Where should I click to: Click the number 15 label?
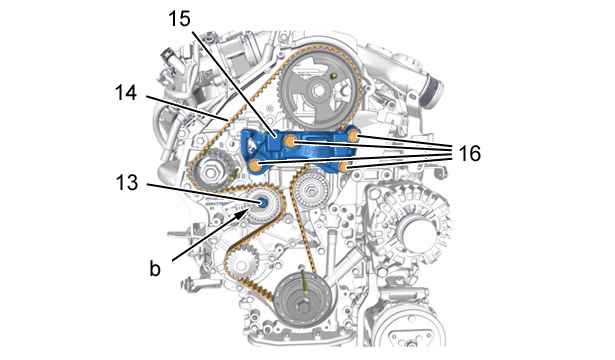coord(180,18)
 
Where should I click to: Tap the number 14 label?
coord(126,93)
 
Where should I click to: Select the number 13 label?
coord(127,182)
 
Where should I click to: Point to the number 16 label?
coord(469,153)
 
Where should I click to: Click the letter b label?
coord(155,268)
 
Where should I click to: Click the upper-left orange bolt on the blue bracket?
coord(290,141)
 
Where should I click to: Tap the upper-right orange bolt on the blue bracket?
coord(353,136)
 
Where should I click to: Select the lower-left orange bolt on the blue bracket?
coord(255,166)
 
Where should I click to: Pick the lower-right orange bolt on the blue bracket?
coord(344,167)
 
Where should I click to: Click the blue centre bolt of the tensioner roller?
coord(262,202)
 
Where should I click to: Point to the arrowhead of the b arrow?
coord(246,212)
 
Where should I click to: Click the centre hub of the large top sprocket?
coord(318,91)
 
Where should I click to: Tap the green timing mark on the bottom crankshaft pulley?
coord(304,282)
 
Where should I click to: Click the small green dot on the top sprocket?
coord(334,75)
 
